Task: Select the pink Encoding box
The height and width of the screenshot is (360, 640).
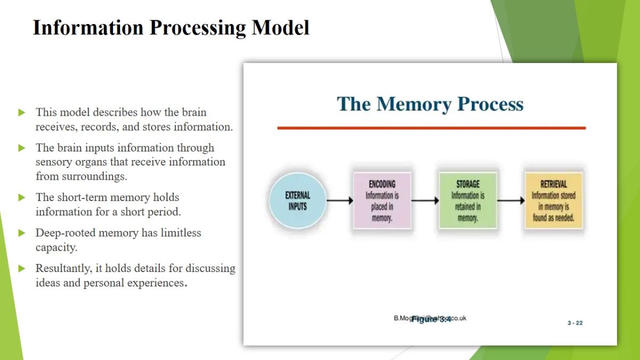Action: click(382, 201)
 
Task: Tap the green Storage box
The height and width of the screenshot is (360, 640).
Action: click(468, 201)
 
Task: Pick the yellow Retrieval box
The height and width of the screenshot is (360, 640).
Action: click(553, 201)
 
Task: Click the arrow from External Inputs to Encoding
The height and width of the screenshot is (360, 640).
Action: click(339, 201)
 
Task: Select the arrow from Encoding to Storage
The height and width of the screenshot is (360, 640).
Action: click(425, 201)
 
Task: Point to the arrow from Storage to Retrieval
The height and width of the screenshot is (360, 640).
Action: click(510, 201)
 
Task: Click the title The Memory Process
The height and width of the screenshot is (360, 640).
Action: click(430, 103)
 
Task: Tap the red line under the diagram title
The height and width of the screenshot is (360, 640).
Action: click(431, 128)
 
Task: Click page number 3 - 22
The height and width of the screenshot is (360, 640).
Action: click(575, 323)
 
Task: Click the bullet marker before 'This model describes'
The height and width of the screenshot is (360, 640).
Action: click(22, 113)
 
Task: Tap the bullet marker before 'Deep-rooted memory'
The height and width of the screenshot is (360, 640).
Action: click(22, 233)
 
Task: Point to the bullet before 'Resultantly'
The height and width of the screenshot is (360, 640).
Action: click(22, 268)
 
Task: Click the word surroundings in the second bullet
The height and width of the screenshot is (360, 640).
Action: click(94, 176)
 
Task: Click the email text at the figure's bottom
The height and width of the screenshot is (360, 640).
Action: click(430, 318)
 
